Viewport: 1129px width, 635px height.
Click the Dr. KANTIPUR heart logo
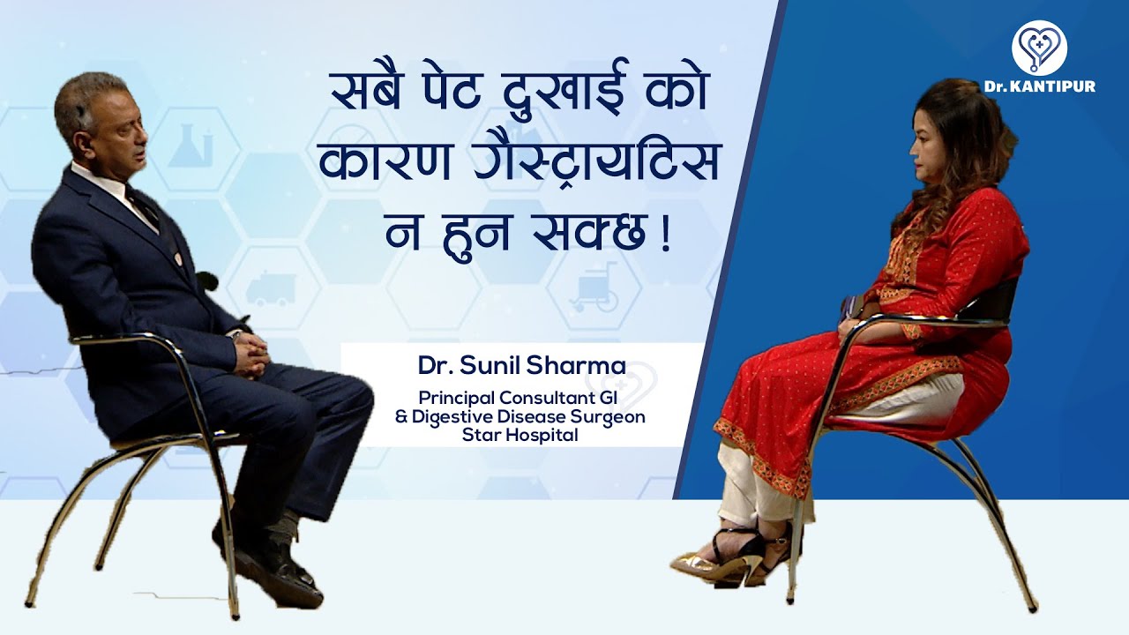[x=1039, y=47]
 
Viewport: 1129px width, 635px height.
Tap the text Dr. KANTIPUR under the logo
[x=1040, y=86]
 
